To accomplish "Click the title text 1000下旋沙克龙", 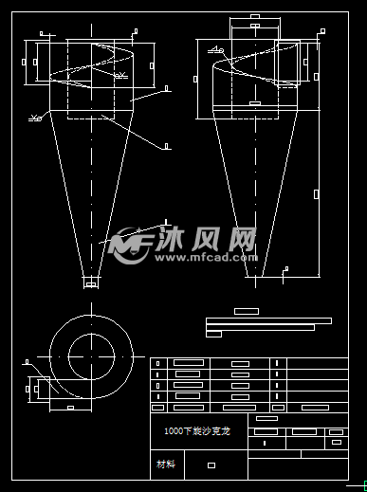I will pyautogui.click(x=197, y=430).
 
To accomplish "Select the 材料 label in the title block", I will pyautogui.click(x=166, y=465).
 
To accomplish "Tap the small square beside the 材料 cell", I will pyautogui.click(x=211, y=465).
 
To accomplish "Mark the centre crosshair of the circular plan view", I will pyautogui.click(x=91, y=353).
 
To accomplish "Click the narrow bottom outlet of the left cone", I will pyautogui.click(x=91, y=281).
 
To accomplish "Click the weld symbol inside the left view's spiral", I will pyautogui.click(x=119, y=75).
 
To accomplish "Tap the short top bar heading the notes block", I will pyautogui.click(x=246, y=311).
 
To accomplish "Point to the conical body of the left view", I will pyautogui.click(x=91, y=190).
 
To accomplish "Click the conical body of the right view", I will pyautogui.click(x=253, y=190).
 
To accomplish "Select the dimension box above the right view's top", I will pyautogui.click(x=256, y=29).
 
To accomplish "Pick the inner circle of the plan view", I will pyautogui.click(x=91, y=353).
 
